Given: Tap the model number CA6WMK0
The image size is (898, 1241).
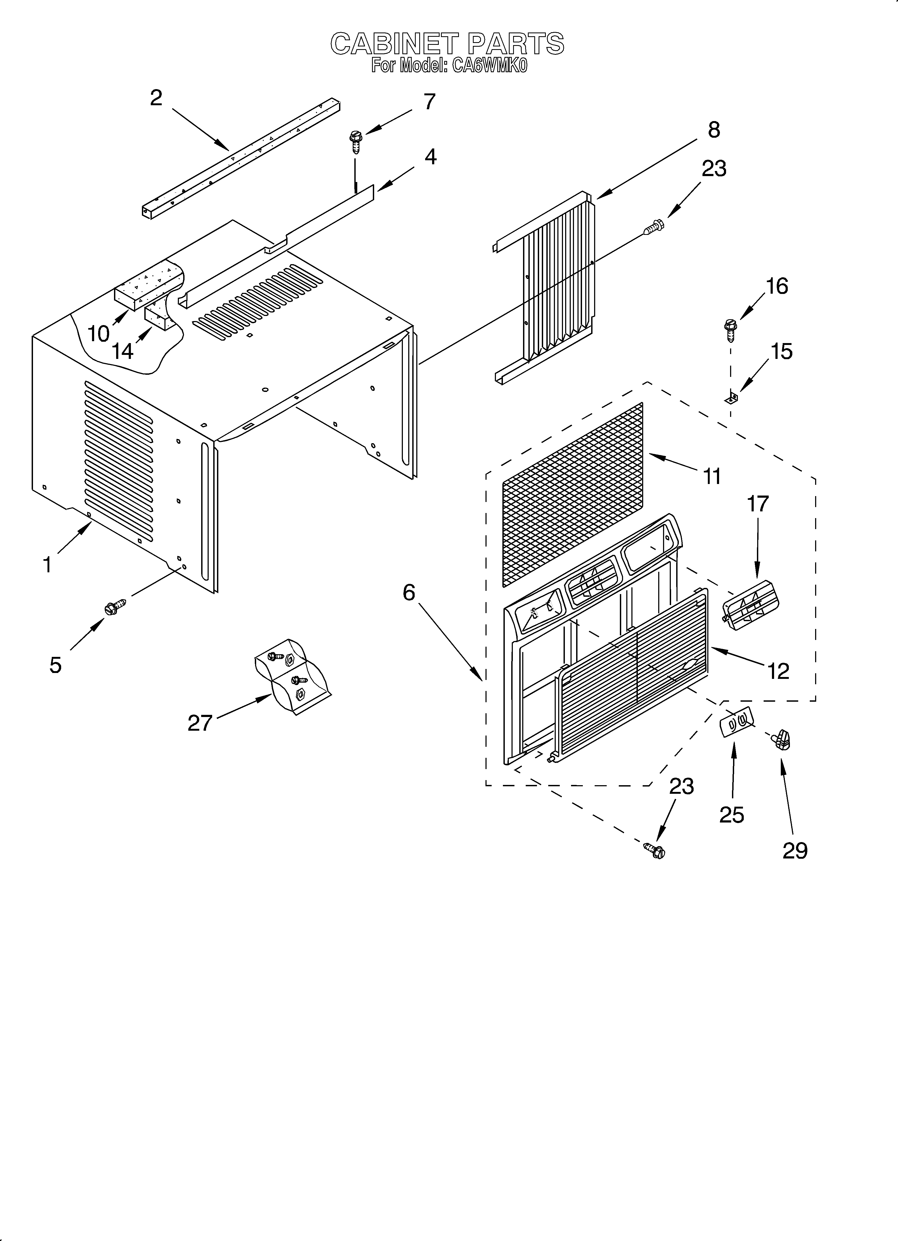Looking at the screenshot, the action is click(490, 66).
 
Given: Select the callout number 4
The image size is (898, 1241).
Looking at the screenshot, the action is click(431, 157).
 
